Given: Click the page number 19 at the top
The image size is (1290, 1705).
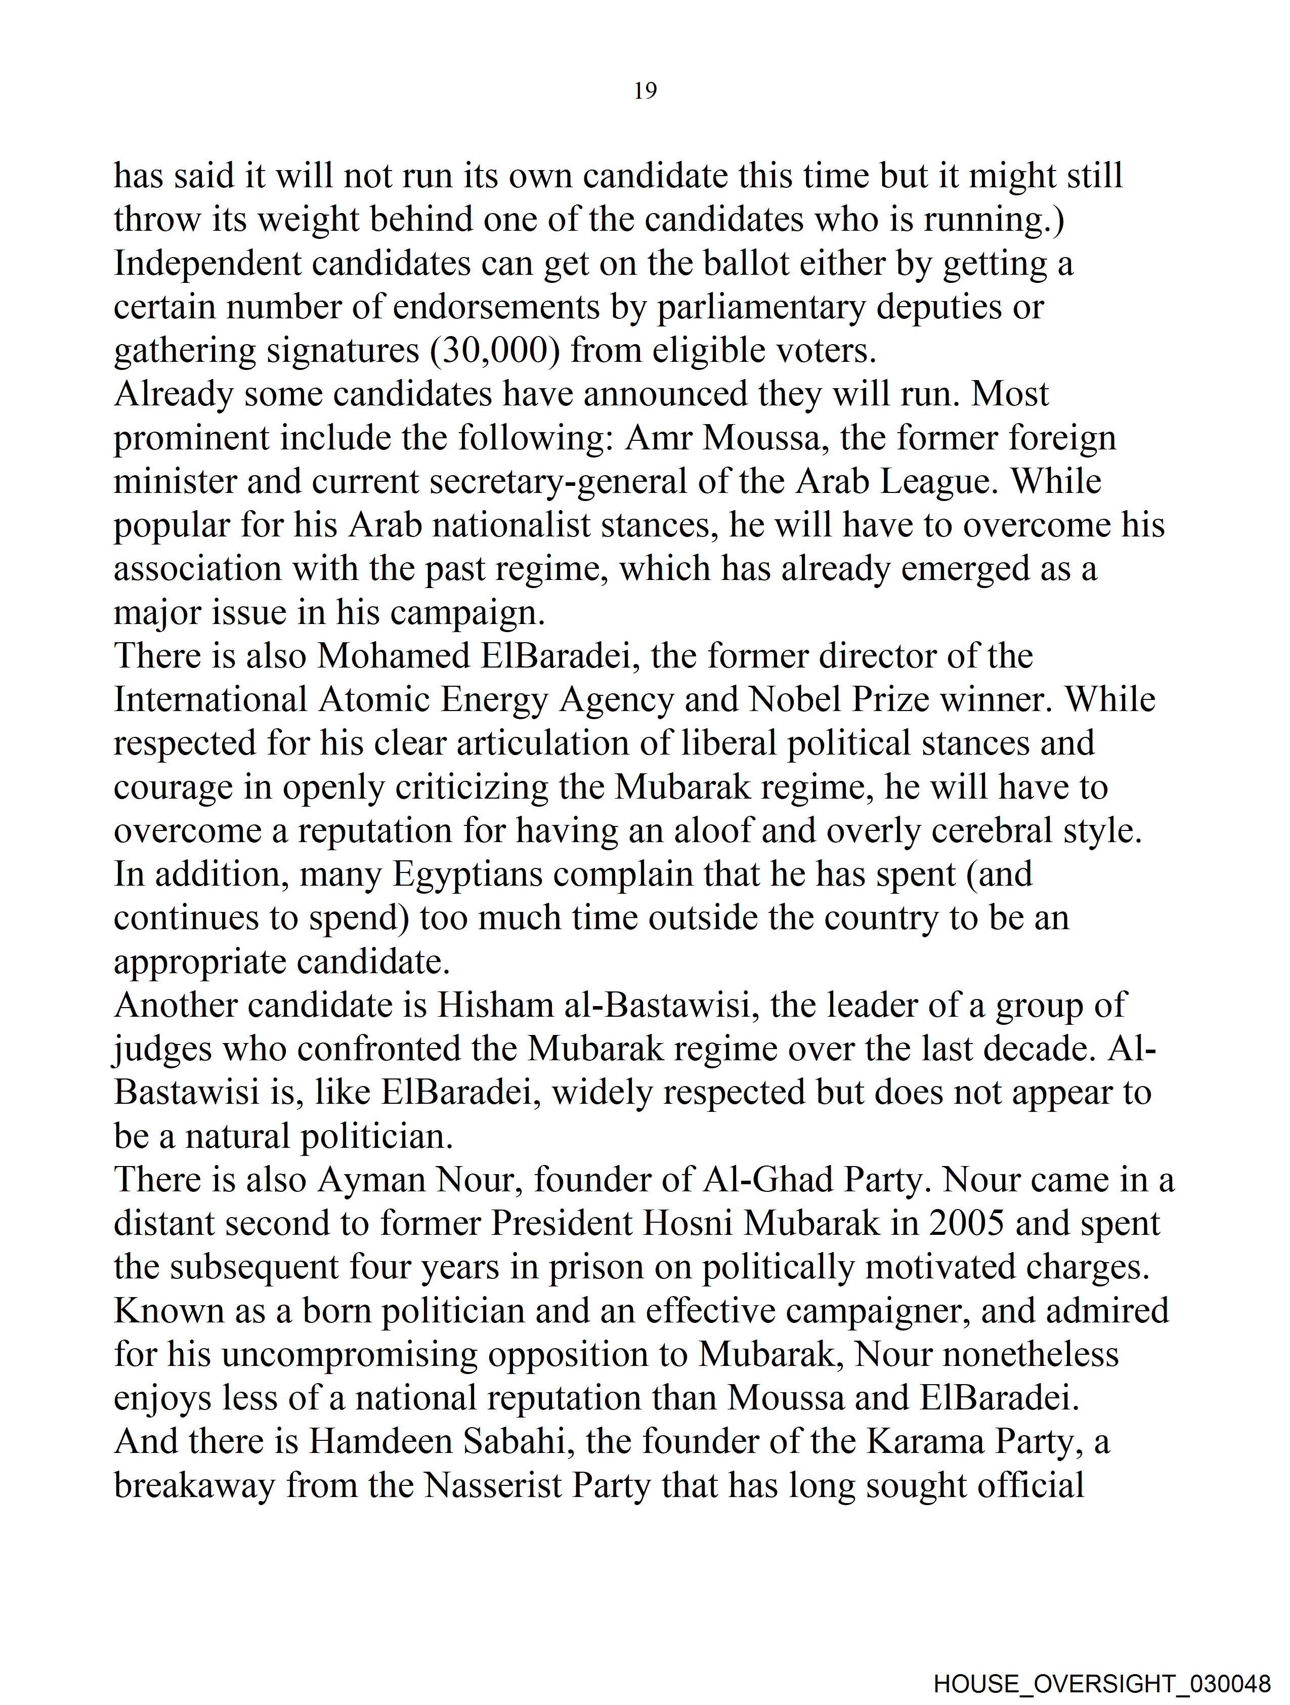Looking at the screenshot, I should coord(645,91).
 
